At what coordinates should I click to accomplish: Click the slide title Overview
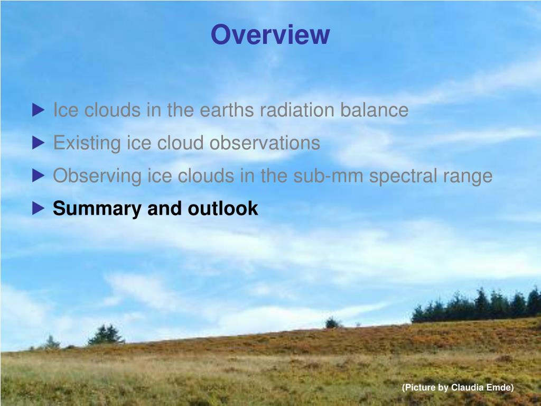270,34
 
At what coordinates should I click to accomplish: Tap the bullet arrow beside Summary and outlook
38,208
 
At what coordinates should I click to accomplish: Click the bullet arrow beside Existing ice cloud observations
38,143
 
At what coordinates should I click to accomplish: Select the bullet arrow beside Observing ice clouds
38,176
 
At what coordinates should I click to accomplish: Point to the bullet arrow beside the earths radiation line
38,110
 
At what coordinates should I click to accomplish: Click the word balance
375,110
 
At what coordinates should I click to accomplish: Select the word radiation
297,110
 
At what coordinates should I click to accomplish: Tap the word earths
227,110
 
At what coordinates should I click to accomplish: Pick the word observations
265,143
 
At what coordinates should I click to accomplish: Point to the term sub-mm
328,176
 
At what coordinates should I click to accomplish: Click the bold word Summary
97,209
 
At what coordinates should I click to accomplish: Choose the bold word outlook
222,208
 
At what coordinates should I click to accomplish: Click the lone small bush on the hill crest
332,323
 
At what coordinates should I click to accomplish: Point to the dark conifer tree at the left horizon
106,334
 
